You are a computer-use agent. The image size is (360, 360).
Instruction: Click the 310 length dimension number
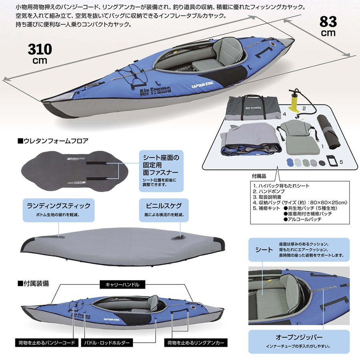tap(40, 50)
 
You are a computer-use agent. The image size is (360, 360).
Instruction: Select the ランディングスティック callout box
tap(58, 210)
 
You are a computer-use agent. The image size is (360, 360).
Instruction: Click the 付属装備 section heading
tap(34, 283)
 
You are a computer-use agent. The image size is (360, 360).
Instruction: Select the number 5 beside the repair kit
tap(341, 162)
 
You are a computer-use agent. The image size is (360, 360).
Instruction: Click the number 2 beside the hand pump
tap(304, 108)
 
